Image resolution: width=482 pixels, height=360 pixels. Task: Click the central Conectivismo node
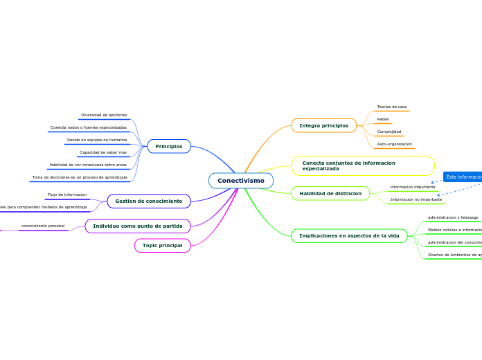pos(241,181)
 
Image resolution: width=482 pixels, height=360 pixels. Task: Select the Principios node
pos(169,146)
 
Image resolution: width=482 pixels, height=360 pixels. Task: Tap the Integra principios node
pos(324,125)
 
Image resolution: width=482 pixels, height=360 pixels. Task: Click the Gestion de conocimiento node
pos(149,201)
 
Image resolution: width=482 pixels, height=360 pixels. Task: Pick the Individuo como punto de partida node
pos(138,226)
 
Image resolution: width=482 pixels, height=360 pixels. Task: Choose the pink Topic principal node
pos(163,245)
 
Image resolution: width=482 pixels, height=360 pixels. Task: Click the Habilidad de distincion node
pos(330,193)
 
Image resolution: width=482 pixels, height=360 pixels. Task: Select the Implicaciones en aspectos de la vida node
pos(349,236)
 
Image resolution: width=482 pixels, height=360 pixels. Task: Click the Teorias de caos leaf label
pos(391,107)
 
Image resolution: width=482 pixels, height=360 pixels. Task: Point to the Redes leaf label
pos(383,119)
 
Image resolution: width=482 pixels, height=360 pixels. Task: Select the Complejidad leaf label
pos(389,132)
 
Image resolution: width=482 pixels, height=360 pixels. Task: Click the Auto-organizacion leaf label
pos(394,144)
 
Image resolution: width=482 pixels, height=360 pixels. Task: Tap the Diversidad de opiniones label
pos(104,115)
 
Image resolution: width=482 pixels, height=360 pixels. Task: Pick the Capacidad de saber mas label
pos(103,152)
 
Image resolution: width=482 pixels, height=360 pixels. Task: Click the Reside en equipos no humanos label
pos(97,140)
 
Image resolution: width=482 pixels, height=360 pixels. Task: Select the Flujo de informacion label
pos(67,195)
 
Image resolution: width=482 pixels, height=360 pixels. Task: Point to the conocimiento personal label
pos(43,226)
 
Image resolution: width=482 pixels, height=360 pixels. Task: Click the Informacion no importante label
pos(416,199)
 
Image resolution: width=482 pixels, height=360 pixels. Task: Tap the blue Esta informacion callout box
pos(463,177)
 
